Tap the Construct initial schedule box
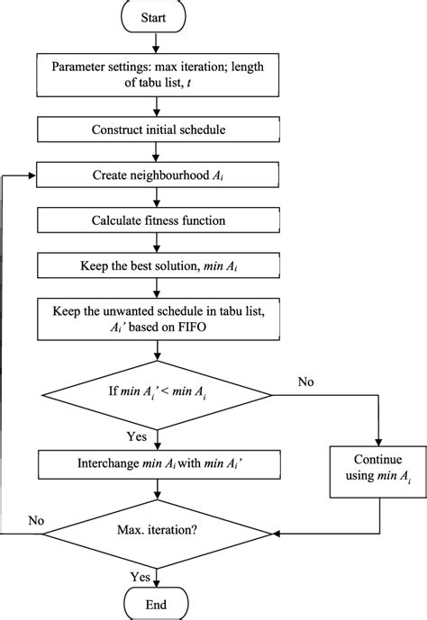point(158,129)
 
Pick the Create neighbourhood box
point(158,176)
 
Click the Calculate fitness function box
point(158,220)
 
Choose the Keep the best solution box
point(158,266)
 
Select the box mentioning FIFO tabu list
point(158,317)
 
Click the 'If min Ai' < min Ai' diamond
point(158,391)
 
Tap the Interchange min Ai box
point(158,465)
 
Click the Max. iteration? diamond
point(158,534)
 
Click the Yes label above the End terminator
point(141,575)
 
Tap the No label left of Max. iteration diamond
point(37,521)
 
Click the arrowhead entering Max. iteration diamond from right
point(280,534)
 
